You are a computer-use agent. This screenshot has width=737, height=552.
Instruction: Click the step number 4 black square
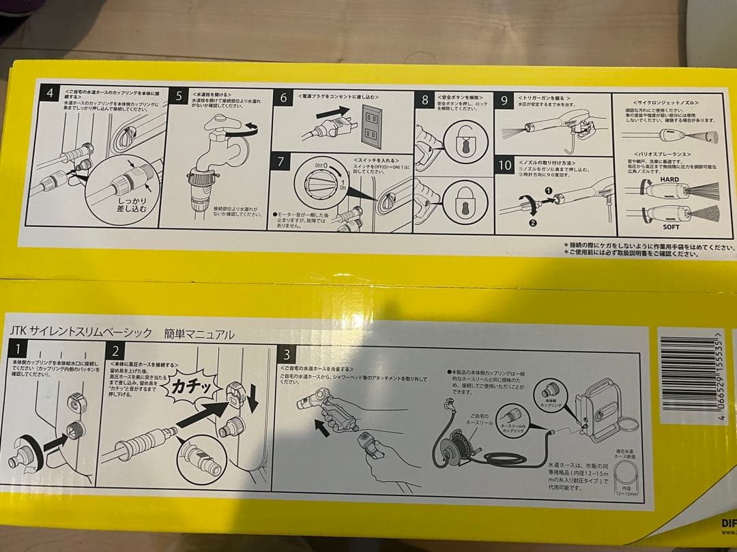click(x=48, y=93)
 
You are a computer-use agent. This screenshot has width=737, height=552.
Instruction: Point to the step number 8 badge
click(x=424, y=101)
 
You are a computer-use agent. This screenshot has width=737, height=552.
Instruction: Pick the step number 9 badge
click(x=504, y=100)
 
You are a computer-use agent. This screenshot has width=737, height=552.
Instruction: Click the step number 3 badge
click(x=289, y=354)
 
